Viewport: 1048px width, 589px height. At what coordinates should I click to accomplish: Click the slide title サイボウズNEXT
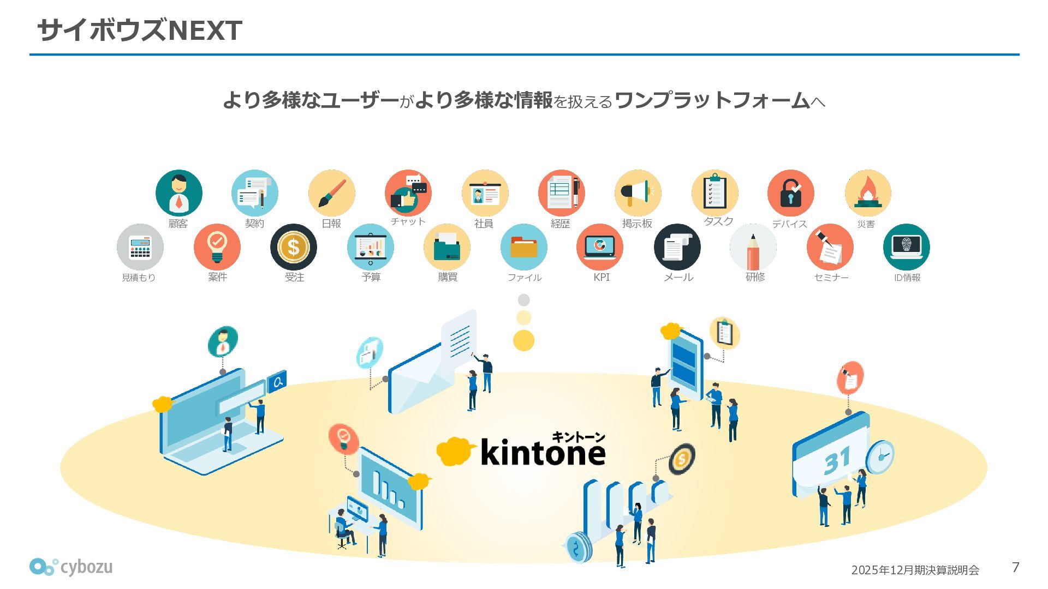[139, 30]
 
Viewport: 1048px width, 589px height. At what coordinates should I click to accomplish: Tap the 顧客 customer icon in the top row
[178, 193]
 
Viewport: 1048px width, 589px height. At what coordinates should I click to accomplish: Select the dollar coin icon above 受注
[294, 247]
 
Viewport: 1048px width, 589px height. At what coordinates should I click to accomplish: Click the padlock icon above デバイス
[790, 193]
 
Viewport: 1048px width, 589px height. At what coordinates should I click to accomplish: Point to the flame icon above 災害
[867, 193]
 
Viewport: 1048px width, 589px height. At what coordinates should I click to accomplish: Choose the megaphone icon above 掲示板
[638, 193]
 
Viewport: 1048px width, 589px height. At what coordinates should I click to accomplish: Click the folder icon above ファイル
[523, 247]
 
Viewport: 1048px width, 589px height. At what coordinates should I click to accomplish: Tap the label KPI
[601, 277]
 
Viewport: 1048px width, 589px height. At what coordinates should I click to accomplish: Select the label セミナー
[831, 277]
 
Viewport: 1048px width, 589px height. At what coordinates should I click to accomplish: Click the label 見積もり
[139, 277]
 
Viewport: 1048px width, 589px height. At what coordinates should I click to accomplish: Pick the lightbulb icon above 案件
[217, 247]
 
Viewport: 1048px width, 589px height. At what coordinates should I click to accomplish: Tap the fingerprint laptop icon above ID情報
[906, 247]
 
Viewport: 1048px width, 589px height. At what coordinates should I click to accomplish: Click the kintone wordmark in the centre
[543, 453]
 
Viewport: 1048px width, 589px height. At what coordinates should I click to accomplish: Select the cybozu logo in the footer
[71, 567]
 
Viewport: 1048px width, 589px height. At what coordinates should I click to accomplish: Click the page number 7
[1015, 567]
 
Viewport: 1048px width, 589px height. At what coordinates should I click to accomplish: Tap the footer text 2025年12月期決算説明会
[915, 570]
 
